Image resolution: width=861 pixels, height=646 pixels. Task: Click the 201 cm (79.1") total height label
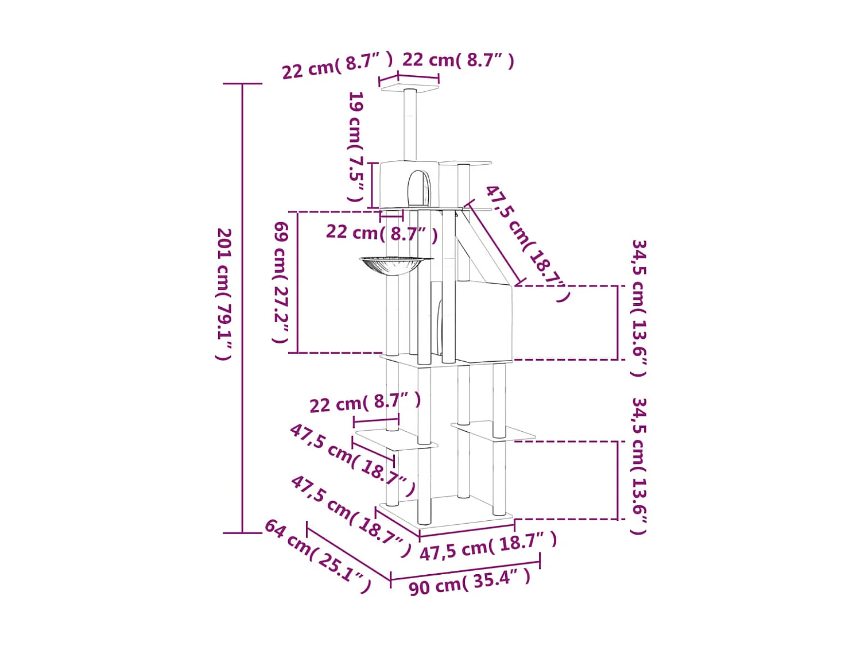pyautogui.click(x=224, y=294)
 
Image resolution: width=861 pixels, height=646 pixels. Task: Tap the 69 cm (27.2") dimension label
pyautogui.click(x=281, y=283)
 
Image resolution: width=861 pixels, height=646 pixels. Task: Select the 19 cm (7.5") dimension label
pyautogui.click(x=356, y=146)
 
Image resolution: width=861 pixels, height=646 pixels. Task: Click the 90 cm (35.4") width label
pyautogui.click(x=470, y=585)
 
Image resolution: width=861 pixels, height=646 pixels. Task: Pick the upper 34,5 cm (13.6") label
pyautogui.click(x=639, y=308)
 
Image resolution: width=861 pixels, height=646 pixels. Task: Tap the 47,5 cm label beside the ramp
pyautogui.click(x=526, y=243)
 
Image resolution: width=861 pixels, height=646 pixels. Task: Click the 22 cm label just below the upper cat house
pyautogui.click(x=382, y=234)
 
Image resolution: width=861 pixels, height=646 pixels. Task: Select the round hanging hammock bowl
pyautogui.click(x=397, y=265)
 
